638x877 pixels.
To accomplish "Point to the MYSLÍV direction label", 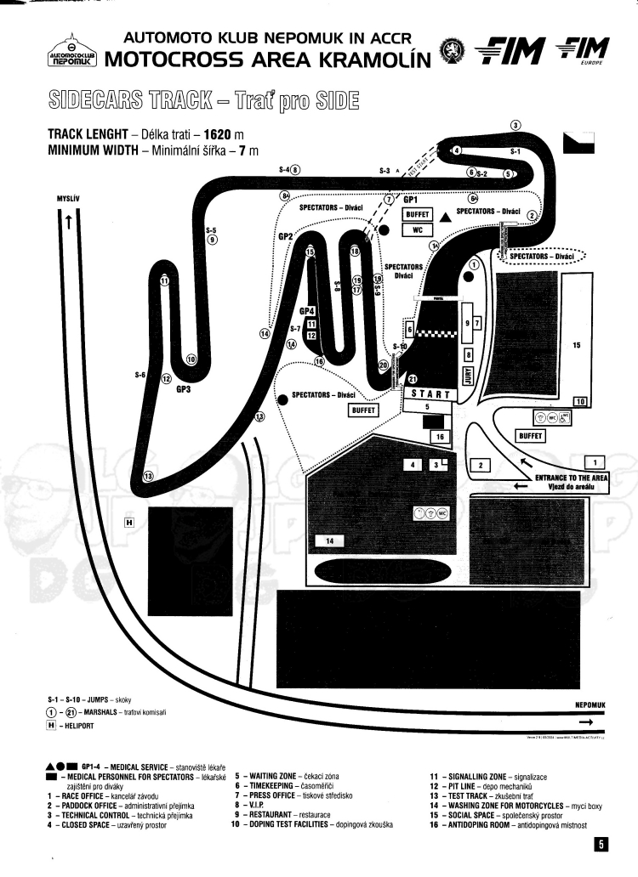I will click(67, 200).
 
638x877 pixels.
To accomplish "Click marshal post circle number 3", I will click(515, 126).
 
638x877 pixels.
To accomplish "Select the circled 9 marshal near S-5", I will click(212, 240).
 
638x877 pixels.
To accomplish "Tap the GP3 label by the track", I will click(184, 390).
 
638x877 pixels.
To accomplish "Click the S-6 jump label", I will click(140, 374).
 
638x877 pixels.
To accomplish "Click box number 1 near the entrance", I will click(595, 462).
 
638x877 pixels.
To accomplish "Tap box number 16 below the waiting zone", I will click(440, 437).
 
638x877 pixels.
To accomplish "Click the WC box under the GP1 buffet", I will click(418, 229).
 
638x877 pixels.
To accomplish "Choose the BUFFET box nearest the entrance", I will click(531, 436).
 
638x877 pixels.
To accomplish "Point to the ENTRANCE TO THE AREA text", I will click(571, 478).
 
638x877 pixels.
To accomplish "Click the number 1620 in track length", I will click(219, 134).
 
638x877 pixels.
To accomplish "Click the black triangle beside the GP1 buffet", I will click(445, 217).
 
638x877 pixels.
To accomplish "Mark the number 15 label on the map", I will click(576, 346).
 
